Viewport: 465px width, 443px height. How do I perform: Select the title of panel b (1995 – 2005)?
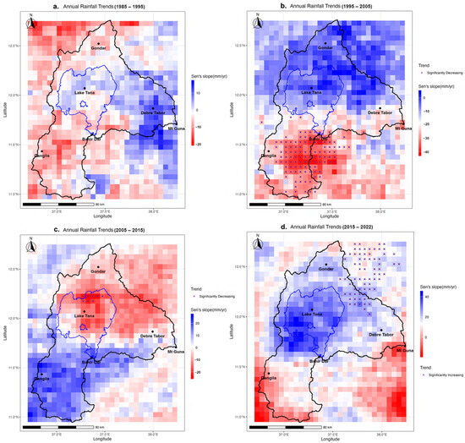click(x=332, y=7)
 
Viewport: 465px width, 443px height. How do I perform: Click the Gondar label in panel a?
click(x=101, y=48)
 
